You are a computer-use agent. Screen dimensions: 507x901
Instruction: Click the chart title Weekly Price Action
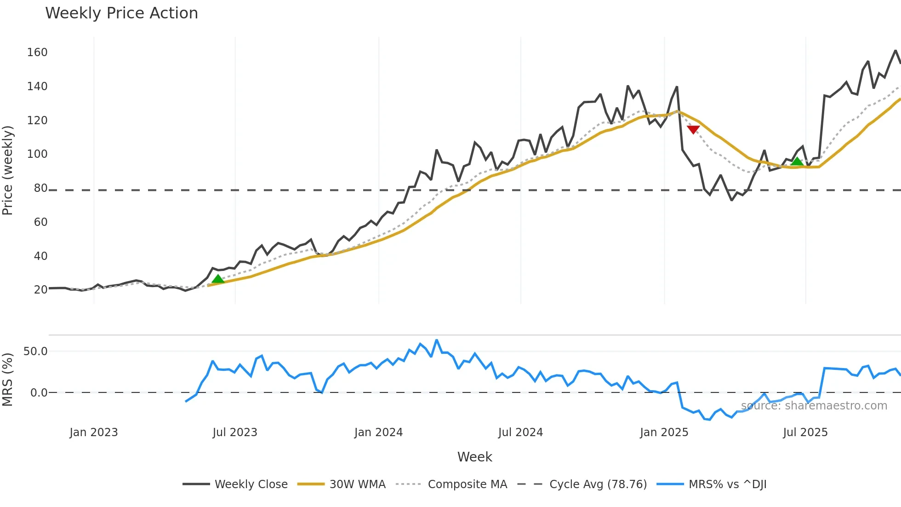click(x=121, y=13)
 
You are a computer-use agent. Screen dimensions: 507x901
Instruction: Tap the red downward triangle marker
click(x=693, y=129)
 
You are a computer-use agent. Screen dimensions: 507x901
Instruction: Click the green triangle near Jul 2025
click(x=797, y=161)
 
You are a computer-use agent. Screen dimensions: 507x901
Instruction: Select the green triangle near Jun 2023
click(x=218, y=279)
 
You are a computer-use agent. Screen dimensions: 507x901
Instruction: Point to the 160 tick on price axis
click(x=37, y=52)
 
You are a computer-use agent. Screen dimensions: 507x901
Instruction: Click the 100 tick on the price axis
click(x=37, y=154)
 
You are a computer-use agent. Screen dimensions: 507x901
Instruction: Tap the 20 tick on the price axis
click(x=40, y=290)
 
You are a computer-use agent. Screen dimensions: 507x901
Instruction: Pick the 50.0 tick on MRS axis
click(x=35, y=351)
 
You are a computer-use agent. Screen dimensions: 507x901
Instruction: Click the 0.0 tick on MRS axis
click(x=39, y=393)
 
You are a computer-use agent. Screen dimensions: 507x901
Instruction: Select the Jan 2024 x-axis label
click(x=378, y=432)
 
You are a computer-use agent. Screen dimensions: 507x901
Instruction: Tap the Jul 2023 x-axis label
click(x=235, y=432)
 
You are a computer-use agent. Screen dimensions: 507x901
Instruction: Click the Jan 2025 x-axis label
click(x=664, y=432)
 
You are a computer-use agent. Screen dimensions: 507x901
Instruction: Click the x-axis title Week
click(x=474, y=457)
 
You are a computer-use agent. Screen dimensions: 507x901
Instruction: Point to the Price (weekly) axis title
click(x=8, y=170)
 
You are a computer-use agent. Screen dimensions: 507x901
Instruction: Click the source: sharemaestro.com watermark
click(x=814, y=406)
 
